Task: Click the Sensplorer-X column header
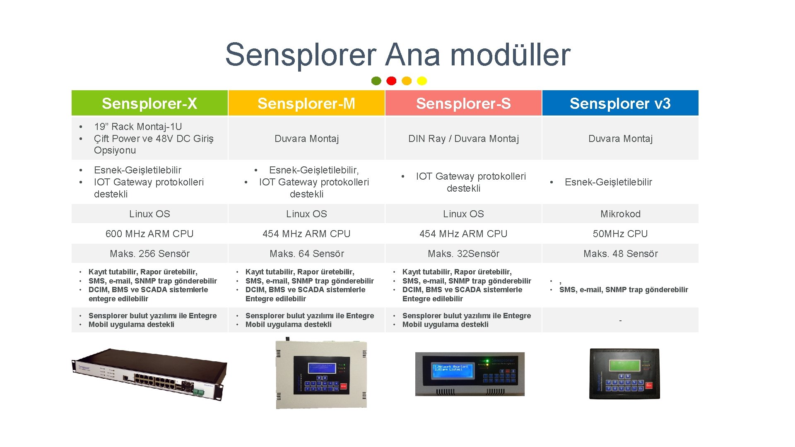point(149,103)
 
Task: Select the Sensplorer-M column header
point(306,103)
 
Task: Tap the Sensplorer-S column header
point(463,103)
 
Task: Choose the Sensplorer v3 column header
point(620,103)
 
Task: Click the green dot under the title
point(376,81)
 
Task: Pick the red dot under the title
point(391,81)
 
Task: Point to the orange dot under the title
point(407,81)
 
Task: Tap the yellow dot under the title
point(422,81)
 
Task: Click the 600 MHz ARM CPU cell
point(149,234)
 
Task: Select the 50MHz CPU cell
point(620,234)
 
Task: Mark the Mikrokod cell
point(620,214)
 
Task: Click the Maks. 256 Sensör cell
point(149,254)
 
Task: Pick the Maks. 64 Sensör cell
point(306,254)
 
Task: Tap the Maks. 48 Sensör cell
point(620,254)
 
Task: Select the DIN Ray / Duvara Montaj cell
point(463,139)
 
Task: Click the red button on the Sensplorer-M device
point(343,386)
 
